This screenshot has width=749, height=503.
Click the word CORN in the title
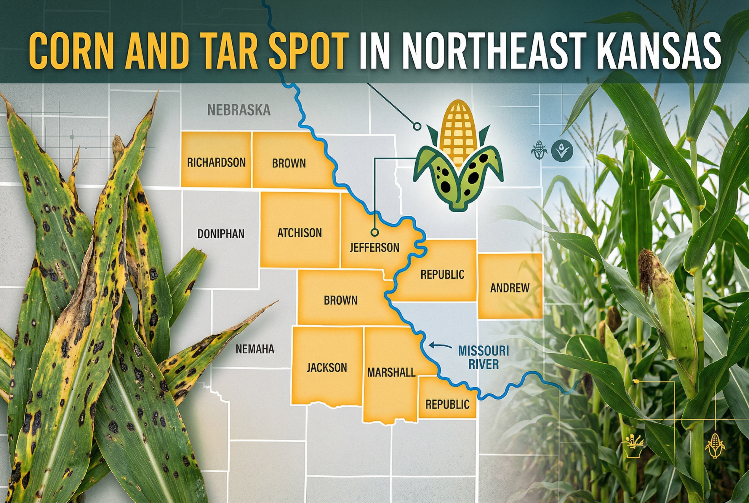coord(71,50)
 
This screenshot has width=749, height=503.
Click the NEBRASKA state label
coord(239,110)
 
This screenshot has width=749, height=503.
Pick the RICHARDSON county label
coord(216,163)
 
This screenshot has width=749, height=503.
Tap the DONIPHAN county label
coord(221,234)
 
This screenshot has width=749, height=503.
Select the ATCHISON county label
coord(299,233)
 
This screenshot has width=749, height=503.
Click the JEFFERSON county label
coord(374,247)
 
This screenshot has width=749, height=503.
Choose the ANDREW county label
coord(510,288)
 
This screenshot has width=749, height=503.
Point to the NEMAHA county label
coord(255,349)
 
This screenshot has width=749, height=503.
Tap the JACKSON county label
coord(327,367)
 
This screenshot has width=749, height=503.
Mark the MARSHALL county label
coord(391,373)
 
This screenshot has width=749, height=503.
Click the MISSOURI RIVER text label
coord(483,357)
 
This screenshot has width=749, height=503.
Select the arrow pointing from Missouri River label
coord(440,346)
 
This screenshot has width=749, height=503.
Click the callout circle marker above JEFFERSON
coord(374,232)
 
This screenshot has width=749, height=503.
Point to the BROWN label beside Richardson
coord(289,163)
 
